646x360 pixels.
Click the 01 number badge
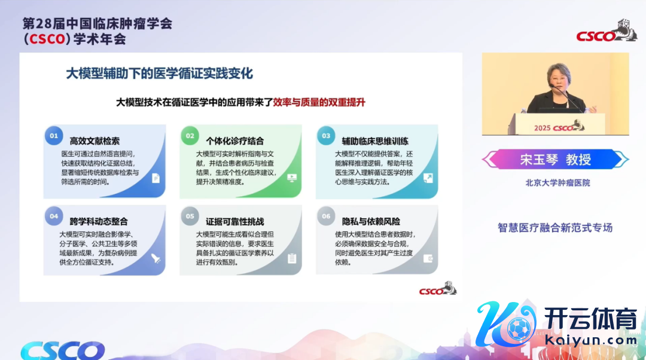click(x=54, y=136)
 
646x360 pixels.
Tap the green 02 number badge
click(x=190, y=136)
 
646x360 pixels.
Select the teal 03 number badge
click(x=326, y=136)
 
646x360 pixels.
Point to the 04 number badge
click(x=54, y=216)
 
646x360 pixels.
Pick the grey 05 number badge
click(x=190, y=216)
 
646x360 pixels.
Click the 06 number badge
click(x=326, y=216)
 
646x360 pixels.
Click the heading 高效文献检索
click(x=95, y=141)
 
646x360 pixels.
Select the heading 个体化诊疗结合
click(x=235, y=141)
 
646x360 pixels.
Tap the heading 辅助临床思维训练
click(x=375, y=141)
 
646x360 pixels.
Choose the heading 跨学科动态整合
click(x=99, y=221)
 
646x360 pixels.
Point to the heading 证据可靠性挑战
click(x=235, y=221)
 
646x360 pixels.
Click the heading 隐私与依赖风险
click(x=371, y=221)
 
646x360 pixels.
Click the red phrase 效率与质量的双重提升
click(x=319, y=102)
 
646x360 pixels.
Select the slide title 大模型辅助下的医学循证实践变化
click(x=160, y=74)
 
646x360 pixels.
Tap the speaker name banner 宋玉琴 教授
click(x=555, y=160)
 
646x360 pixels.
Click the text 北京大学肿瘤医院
click(x=557, y=183)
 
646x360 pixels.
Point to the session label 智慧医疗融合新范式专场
click(x=555, y=228)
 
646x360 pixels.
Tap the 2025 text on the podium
click(x=542, y=128)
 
